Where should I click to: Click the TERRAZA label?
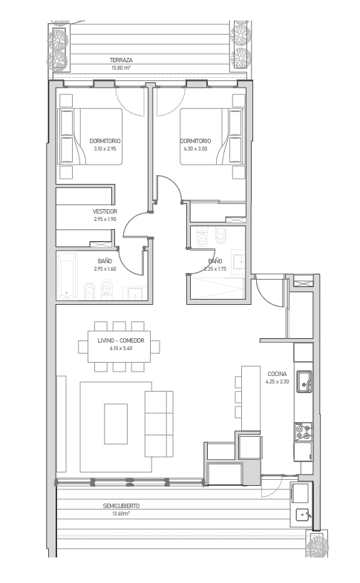pos(121,60)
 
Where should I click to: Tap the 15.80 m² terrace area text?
pos(121,67)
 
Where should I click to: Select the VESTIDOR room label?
pos(105,211)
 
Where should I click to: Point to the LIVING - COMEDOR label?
pos(121,340)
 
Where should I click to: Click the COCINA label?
pos(277,374)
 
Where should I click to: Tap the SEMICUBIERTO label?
pos(121,506)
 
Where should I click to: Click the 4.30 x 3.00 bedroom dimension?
pos(195,149)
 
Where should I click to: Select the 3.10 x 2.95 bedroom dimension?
pos(105,149)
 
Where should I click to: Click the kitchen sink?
pos(304,381)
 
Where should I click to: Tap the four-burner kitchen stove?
pos(303,432)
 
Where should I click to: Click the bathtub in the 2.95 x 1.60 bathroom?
pos(67,276)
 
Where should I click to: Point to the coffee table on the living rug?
pos(116,424)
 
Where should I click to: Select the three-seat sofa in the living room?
pos(159,424)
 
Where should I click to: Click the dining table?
pos(119,346)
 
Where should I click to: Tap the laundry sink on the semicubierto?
pos(303,516)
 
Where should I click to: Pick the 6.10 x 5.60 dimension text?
pos(121,349)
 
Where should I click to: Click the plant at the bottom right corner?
pos(317,544)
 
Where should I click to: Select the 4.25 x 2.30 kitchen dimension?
pos(277,381)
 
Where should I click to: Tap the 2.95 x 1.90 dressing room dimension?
pos(105,219)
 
